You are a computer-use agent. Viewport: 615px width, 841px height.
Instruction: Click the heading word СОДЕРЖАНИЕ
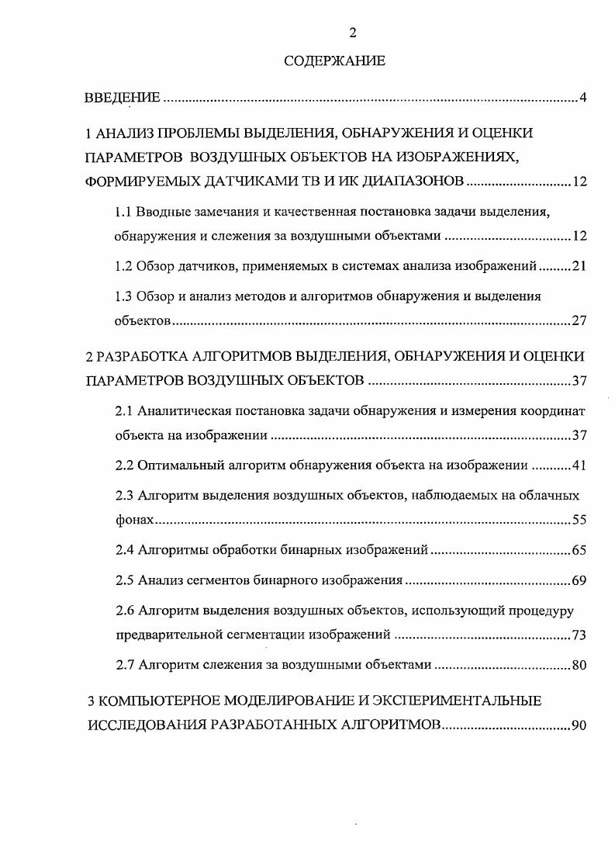coord(334,61)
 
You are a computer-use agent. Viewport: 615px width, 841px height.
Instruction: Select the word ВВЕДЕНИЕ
coord(122,98)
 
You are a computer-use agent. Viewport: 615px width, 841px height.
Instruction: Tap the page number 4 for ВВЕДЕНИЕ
coord(582,98)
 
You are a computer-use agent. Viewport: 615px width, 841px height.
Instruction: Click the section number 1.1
coord(124,210)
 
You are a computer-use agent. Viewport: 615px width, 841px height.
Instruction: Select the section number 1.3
coord(124,296)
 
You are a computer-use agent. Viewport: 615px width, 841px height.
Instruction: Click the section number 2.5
coord(125,580)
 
